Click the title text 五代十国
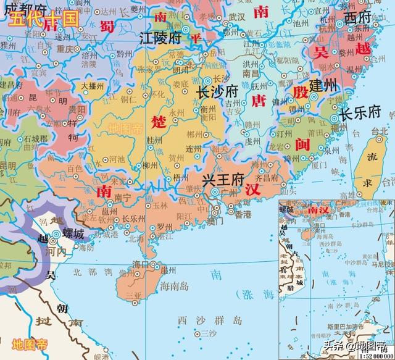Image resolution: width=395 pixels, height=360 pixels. point(43,18)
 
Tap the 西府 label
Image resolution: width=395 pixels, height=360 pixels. point(359,17)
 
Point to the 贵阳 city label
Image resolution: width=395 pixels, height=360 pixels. point(77,109)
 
